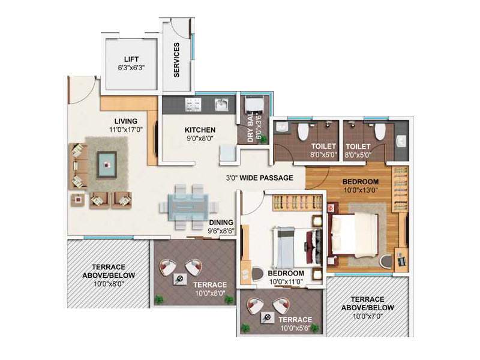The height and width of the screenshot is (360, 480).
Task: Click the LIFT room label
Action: pyautogui.click(x=131, y=59)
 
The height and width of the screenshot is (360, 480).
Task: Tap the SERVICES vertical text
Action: pyautogui.click(x=176, y=60)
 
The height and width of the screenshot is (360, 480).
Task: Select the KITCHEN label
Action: pyautogui.click(x=200, y=130)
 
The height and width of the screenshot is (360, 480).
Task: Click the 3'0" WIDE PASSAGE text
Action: pyautogui.click(x=259, y=178)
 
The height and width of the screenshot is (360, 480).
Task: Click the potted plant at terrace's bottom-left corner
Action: pyautogui.click(x=158, y=298)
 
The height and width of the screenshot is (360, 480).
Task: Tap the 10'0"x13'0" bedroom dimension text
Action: pyautogui.click(x=361, y=191)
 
